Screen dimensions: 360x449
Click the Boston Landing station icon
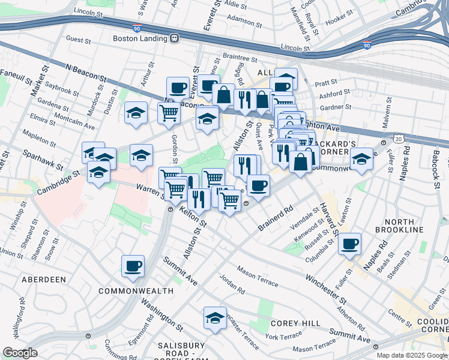175,38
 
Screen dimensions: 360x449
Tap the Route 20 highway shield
399,139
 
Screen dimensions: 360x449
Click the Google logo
20,352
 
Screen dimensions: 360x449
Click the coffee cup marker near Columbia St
349,244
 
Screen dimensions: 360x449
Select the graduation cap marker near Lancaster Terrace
215,318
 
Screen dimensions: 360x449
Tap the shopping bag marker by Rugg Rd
223,94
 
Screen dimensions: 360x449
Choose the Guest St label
78,40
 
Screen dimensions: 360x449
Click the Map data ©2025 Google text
412,355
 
